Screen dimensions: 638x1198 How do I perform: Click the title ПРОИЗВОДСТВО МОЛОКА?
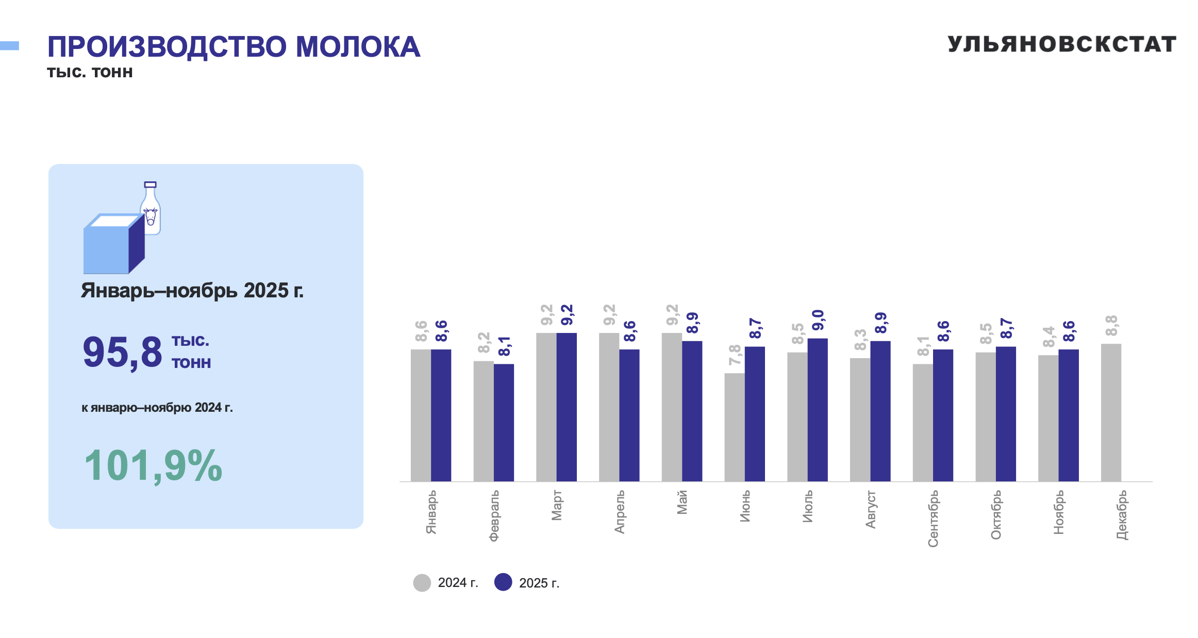click(234, 47)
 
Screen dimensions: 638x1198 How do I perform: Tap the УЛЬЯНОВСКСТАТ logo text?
click(1061, 44)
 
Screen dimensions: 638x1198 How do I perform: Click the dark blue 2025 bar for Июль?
click(818, 410)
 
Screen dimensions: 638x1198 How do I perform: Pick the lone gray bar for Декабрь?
click(1111, 412)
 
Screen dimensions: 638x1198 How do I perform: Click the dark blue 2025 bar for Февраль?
click(504, 423)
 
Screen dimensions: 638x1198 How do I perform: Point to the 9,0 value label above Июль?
click(818, 320)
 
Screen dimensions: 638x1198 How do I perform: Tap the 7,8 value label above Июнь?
click(735, 355)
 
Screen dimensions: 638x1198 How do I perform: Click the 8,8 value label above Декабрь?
click(1111, 325)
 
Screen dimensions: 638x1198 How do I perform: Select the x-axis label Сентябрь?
click(933, 518)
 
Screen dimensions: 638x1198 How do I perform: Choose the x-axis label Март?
click(557, 506)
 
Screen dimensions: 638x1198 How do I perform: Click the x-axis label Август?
click(870, 510)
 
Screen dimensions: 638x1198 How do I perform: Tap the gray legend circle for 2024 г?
click(422, 583)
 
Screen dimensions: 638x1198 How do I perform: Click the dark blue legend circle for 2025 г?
click(503, 582)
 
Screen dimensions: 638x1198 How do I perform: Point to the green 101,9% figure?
click(153, 465)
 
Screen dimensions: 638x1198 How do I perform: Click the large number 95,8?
click(122, 352)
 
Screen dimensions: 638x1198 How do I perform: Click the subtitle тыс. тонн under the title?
click(90, 72)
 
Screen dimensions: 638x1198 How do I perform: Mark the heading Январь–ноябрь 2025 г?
click(192, 291)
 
